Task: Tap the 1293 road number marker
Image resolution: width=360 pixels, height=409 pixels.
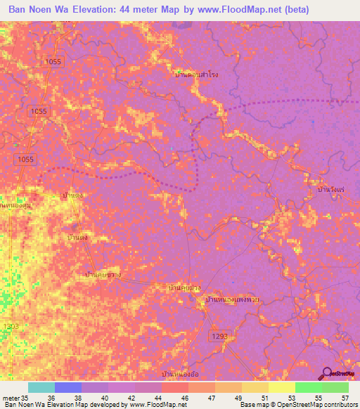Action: coord(217,338)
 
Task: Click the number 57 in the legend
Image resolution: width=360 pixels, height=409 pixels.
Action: coord(345,398)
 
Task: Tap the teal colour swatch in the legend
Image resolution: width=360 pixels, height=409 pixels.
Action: coord(41,387)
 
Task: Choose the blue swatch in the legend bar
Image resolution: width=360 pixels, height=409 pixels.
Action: coord(68,387)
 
